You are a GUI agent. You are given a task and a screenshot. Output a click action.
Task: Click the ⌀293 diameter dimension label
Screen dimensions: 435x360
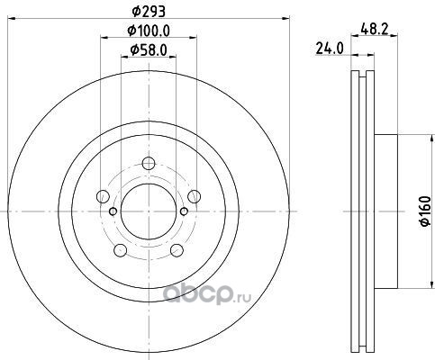pos(149,12)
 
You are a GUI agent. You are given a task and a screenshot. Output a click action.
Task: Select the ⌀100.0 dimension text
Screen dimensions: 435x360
pos(149,31)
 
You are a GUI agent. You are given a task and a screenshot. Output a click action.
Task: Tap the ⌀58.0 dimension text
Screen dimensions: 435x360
pos(149,49)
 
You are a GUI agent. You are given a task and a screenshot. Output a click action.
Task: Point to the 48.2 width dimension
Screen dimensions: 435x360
pos(375,30)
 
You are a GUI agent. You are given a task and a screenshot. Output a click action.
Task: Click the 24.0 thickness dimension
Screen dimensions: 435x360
pos(330,49)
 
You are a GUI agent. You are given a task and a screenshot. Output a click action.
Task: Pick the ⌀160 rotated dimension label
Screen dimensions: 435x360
pos(426,211)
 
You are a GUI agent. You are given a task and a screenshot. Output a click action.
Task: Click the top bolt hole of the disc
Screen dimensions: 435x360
pos(149,164)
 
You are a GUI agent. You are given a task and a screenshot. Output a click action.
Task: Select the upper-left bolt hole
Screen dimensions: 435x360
pos(103,196)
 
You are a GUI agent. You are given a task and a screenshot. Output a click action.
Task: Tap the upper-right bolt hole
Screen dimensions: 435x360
pos(194,196)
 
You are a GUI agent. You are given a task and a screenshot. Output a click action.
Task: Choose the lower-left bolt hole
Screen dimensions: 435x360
pos(121,250)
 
